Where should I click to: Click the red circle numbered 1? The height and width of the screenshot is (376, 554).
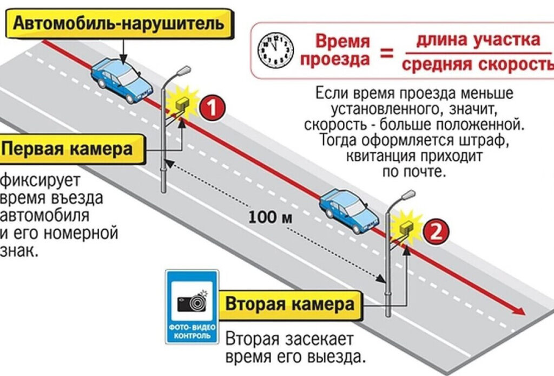pyautogui.click(x=212, y=108)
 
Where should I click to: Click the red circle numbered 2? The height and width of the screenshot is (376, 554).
pyautogui.click(x=436, y=231)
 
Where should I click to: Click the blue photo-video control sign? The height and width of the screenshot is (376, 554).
pyautogui.click(x=193, y=306)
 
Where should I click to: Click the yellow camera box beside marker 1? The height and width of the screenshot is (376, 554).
pyautogui.click(x=182, y=104)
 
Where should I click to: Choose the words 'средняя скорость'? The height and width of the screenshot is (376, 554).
pyautogui.click(x=478, y=65)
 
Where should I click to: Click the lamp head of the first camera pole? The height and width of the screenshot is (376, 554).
pyautogui.click(x=183, y=70)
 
